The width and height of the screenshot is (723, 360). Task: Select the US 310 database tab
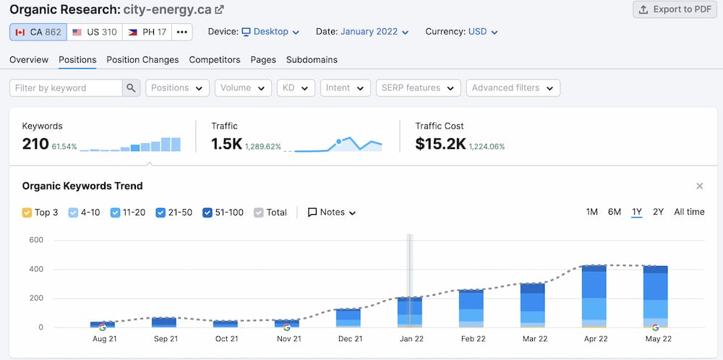click(94, 32)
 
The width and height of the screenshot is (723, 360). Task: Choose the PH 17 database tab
click(146, 32)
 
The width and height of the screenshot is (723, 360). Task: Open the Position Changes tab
click(142, 59)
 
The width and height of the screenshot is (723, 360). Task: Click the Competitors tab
click(214, 59)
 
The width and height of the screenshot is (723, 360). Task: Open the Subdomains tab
click(312, 59)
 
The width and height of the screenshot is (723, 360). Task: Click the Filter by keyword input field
click(65, 87)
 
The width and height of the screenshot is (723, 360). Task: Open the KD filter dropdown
click(296, 87)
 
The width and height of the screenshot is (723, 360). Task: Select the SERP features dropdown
click(418, 87)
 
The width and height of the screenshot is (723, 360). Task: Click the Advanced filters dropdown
click(513, 87)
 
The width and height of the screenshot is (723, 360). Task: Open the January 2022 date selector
click(374, 32)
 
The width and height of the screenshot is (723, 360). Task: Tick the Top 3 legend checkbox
click(27, 213)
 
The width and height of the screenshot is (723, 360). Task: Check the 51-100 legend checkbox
click(208, 213)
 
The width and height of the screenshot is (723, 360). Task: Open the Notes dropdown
click(332, 213)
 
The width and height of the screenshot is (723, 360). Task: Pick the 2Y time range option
click(658, 212)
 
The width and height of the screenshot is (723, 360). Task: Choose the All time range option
click(689, 212)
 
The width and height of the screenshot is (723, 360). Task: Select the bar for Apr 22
click(594, 296)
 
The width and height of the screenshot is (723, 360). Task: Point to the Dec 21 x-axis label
click(349, 338)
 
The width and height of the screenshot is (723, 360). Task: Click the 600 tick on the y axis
click(36, 240)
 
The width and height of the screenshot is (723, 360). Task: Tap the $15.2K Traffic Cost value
click(440, 144)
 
